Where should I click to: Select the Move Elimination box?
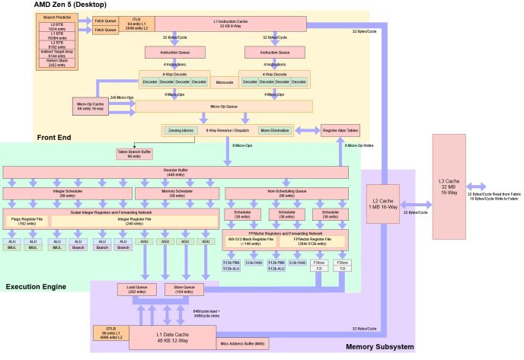point(276,130)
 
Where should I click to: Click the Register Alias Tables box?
point(340,130)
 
